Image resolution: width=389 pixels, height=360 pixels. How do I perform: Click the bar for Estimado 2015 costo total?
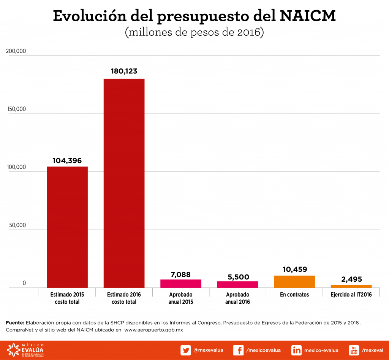click(67, 227)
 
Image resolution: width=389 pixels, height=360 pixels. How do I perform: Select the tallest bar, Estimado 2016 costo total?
click(124, 183)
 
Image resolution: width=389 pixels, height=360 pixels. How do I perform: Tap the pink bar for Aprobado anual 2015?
click(181, 284)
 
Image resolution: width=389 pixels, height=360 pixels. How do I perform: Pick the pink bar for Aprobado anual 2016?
click(237, 284)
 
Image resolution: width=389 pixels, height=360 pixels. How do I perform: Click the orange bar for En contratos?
click(294, 281)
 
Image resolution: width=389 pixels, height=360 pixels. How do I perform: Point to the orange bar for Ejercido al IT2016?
click(351, 286)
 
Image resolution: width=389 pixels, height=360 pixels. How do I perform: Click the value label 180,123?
click(124, 71)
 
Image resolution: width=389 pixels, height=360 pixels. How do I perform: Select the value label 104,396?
click(67, 160)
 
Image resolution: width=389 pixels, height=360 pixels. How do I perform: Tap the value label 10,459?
click(294, 269)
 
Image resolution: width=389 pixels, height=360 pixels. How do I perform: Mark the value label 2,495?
click(351, 279)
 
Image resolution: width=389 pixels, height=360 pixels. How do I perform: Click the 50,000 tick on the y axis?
click(17, 225)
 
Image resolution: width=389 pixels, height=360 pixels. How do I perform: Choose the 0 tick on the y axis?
click(24, 283)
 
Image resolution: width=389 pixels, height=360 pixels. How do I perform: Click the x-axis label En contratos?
click(294, 295)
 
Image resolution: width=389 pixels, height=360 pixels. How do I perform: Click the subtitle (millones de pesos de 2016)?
click(194, 32)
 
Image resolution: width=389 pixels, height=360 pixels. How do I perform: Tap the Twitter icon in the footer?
click(185, 350)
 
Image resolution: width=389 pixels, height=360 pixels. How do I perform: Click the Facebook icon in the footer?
click(238, 350)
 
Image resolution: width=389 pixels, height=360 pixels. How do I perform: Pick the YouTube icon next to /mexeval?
click(354, 350)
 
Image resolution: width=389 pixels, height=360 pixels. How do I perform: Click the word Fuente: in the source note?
click(15, 322)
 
